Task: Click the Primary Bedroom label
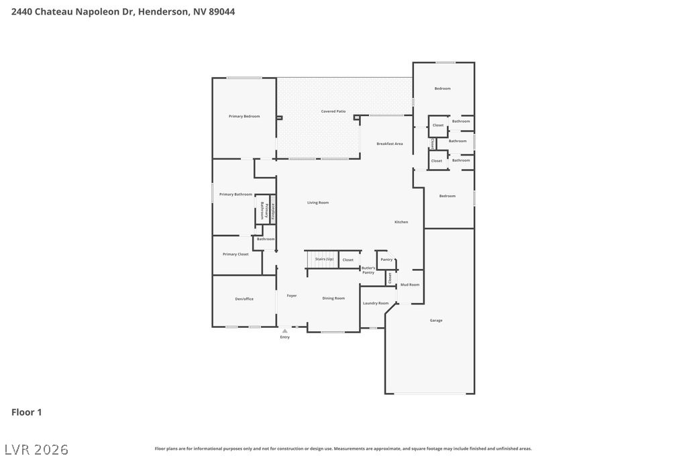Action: coord(244,117)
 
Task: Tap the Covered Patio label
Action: coord(333,111)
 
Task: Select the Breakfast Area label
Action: coord(389,144)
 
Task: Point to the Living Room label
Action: coord(318,203)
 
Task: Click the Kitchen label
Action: coord(401,222)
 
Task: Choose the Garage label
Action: coord(436,321)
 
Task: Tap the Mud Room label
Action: coord(410,285)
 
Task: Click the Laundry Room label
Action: coord(376,303)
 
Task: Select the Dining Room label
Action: coord(333,298)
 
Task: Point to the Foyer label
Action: coord(292,296)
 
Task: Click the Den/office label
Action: coord(244,299)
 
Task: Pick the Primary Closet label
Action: coord(235,254)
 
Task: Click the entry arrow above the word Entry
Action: coord(285,331)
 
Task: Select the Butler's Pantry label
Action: coord(368,270)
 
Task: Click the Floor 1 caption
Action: coord(26,412)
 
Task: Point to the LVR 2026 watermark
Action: coord(36,449)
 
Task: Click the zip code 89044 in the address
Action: coord(221,11)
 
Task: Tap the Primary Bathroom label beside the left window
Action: coord(235,194)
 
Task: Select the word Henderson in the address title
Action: coord(163,11)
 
